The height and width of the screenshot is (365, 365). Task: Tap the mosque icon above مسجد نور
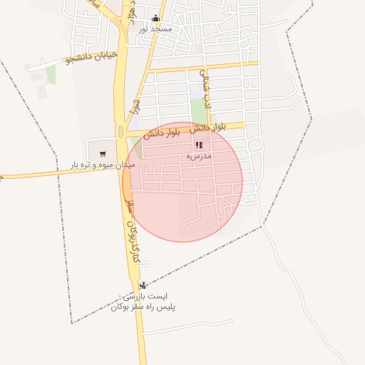[156, 19]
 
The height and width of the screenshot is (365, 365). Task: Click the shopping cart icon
[103, 153]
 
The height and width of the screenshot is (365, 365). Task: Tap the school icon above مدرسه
[197, 145]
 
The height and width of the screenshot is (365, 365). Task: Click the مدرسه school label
[198, 155]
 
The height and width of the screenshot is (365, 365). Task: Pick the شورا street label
[135, 107]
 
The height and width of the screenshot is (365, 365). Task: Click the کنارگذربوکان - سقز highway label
[130, 221]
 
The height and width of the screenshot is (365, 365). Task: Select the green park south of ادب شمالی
[198, 110]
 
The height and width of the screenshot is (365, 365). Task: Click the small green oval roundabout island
[120, 132]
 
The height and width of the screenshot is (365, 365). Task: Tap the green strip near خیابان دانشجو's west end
[51, 74]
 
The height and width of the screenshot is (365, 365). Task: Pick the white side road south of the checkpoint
[185, 327]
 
